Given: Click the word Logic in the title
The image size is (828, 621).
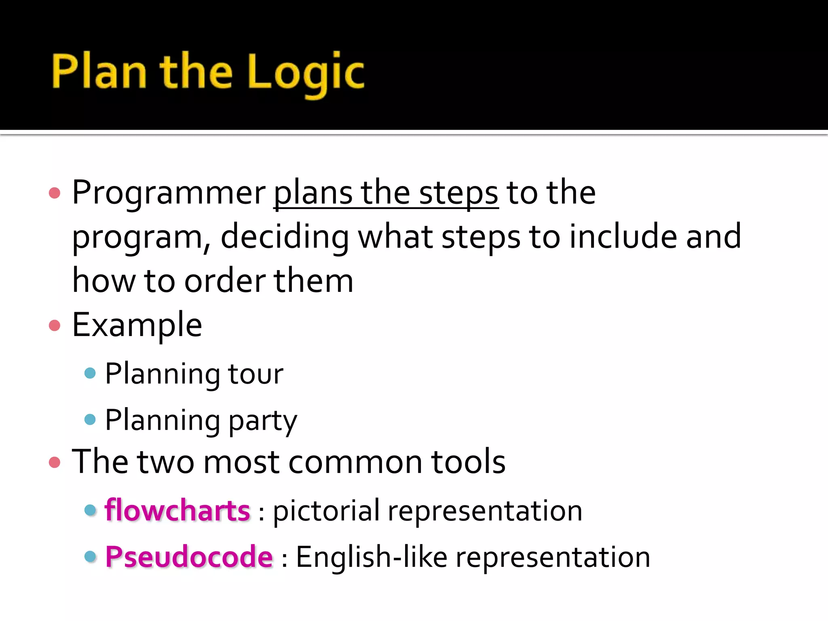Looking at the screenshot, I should click(306, 72).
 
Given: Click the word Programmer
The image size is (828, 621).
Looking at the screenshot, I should click(169, 193).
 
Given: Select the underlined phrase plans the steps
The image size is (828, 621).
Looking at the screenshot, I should click(386, 193).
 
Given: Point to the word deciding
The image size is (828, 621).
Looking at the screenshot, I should click(285, 237).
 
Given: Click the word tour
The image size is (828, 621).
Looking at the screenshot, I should click(256, 374).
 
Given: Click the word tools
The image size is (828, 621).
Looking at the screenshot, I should click(468, 462).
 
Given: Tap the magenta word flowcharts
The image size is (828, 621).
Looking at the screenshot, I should click(177, 510).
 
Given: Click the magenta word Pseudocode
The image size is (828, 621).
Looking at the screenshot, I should click(189, 557).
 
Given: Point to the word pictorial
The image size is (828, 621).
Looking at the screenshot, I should click(326, 511).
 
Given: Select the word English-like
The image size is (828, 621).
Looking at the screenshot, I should click(372, 557).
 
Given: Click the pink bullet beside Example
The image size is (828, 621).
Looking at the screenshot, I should click(55, 325).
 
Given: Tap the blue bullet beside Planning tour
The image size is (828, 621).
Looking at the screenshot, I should click(90, 373).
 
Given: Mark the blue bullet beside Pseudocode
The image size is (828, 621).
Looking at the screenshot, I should click(90, 556).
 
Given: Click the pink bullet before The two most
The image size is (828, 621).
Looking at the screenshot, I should click(55, 462).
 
